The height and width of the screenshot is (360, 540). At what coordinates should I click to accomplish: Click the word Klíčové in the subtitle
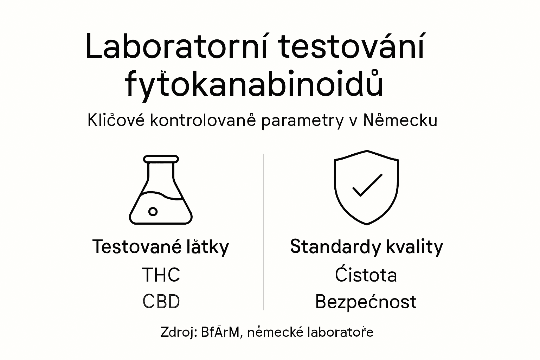click(x=116, y=121)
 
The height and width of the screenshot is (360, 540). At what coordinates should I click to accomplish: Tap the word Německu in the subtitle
click(x=400, y=121)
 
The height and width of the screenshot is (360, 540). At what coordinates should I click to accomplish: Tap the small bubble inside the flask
click(x=153, y=211)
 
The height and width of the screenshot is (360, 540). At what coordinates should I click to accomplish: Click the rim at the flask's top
click(x=161, y=159)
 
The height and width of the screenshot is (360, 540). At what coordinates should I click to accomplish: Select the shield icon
click(x=366, y=187)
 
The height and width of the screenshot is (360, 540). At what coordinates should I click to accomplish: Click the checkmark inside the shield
click(x=367, y=185)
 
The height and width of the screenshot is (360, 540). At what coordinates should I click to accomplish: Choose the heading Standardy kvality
click(x=366, y=246)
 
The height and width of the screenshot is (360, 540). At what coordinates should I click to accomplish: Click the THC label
click(x=161, y=275)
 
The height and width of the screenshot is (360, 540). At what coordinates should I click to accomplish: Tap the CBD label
click(x=161, y=302)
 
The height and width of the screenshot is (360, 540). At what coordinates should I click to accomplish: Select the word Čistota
click(x=366, y=275)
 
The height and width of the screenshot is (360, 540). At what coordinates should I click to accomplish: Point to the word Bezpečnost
click(x=366, y=302)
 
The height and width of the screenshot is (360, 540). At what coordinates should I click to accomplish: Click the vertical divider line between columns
click(x=263, y=232)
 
